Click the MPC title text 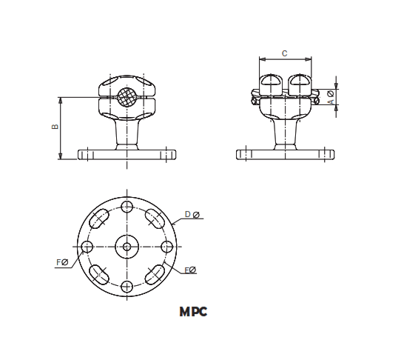(193, 312)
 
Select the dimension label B (55, 127)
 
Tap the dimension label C (285, 53)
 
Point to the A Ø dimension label (330, 96)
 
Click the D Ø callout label (192, 215)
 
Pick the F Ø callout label (63, 261)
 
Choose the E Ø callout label (190, 270)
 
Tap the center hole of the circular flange (127, 246)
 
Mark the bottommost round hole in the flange (127, 286)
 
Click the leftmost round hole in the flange (87, 246)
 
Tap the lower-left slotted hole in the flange (99, 274)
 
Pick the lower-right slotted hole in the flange (155, 274)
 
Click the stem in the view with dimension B (127, 136)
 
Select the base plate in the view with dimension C (285, 154)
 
